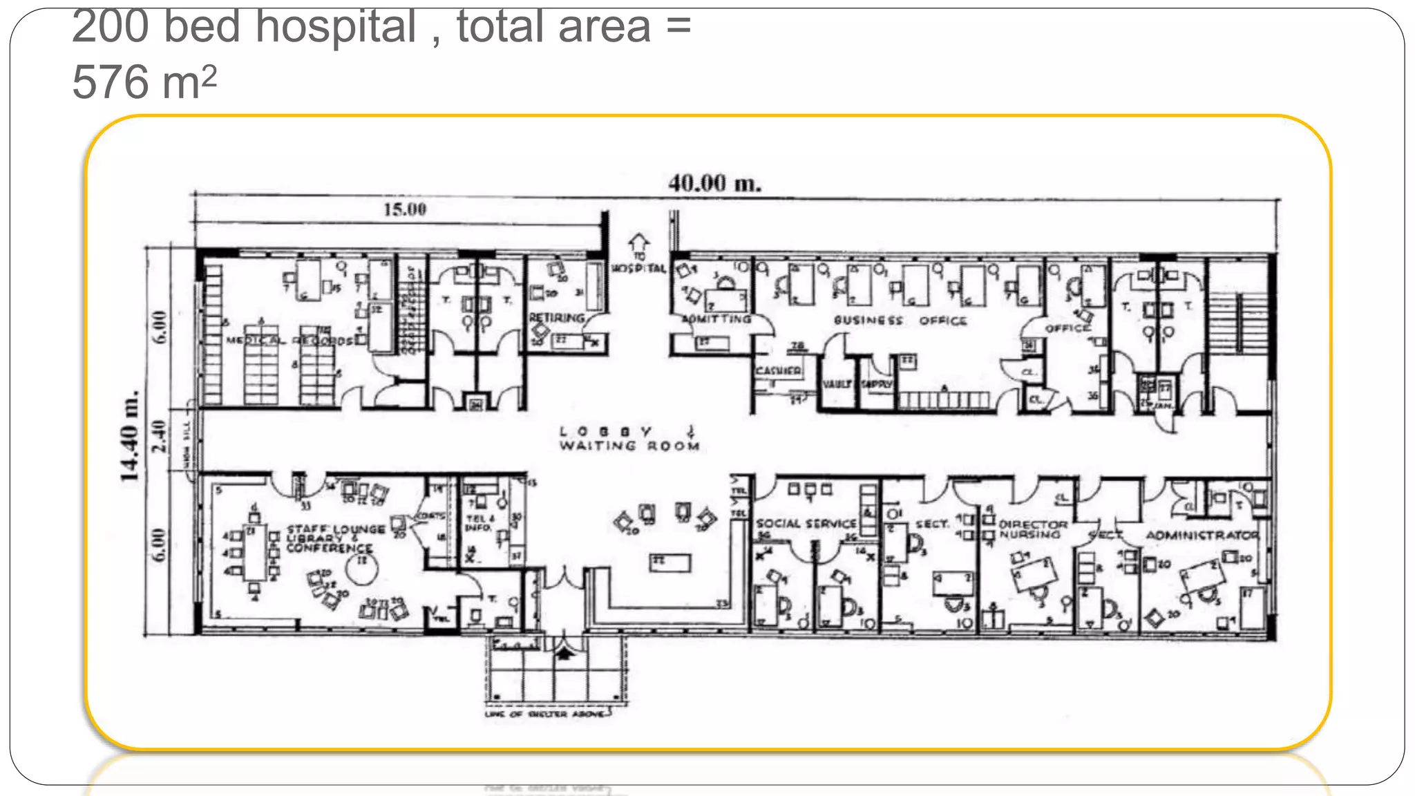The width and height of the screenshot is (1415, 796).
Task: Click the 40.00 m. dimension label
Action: click(x=714, y=184)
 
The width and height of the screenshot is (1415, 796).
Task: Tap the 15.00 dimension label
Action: click(x=405, y=209)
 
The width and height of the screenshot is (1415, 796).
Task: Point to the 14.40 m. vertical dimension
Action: click(x=130, y=437)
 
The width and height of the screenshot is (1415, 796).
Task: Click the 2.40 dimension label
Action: click(x=160, y=436)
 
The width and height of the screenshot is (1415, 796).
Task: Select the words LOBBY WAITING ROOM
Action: click(x=629, y=439)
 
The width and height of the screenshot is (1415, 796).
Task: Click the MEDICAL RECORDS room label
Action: click(x=289, y=341)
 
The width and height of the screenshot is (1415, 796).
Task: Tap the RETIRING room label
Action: click(x=556, y=318)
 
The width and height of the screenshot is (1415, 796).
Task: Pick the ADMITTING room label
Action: click(x=716, y=319)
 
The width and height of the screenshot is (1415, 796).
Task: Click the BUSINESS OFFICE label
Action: click(x=900, y=321)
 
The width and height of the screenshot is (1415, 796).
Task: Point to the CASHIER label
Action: click(x=778, y=371)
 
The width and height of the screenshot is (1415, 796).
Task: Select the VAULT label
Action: click(x=836, y=383)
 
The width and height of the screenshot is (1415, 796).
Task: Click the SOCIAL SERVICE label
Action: click(x=806, y=524)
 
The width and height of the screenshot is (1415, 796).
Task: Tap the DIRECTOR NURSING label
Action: click(x=1032, y=529)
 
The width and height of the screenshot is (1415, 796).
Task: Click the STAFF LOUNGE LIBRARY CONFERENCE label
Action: click(x=335, y=538)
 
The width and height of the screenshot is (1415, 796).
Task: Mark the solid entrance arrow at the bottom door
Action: click(x=565, y=652)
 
